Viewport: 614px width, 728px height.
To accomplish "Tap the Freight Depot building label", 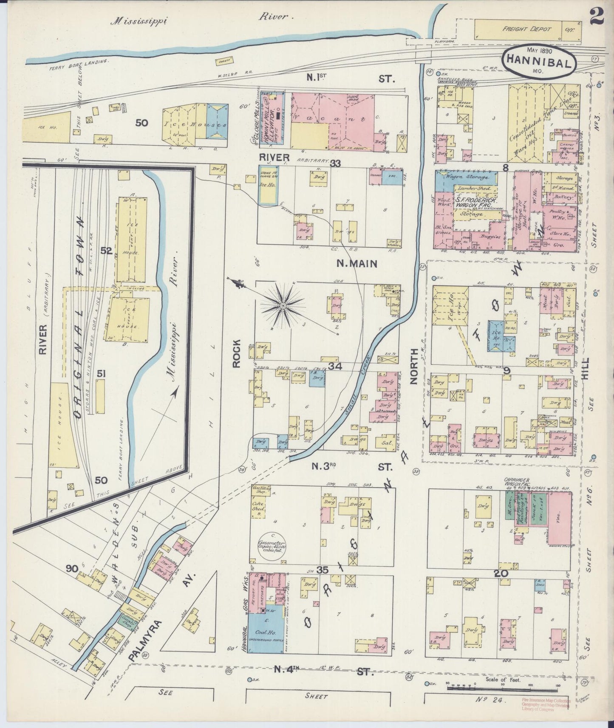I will coord(526,29).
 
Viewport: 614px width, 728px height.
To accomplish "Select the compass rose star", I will coord(283,305).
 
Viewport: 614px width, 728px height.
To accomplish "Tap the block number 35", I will coord(322,570).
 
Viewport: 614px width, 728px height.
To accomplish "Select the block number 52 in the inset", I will coord(106,251).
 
